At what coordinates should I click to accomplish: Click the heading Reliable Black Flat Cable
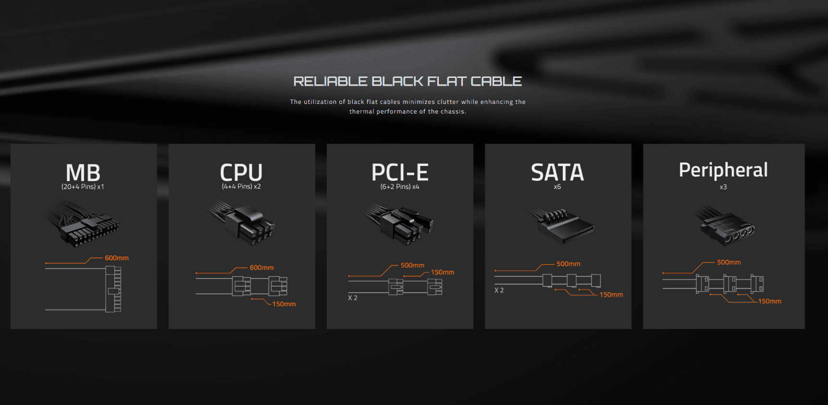408,81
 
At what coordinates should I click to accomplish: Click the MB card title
83,173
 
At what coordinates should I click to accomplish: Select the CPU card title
241,172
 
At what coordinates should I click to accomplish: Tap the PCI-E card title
400,172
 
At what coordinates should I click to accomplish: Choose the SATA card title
557,172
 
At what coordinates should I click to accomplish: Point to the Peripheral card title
723,170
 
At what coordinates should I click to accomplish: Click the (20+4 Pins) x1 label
83,187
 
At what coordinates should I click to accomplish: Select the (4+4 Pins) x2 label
241,187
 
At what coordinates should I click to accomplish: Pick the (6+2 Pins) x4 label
400,187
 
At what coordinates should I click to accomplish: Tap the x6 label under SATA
557,187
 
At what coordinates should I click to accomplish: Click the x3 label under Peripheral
723,187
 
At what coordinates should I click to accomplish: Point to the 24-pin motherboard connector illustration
83,224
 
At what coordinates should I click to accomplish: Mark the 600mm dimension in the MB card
117,258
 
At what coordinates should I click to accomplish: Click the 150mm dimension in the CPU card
284,304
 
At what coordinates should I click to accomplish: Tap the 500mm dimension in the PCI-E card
412,266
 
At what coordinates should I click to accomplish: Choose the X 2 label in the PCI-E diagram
353,298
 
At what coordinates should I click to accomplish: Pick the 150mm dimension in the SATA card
611,294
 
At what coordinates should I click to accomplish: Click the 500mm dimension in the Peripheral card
729,262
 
